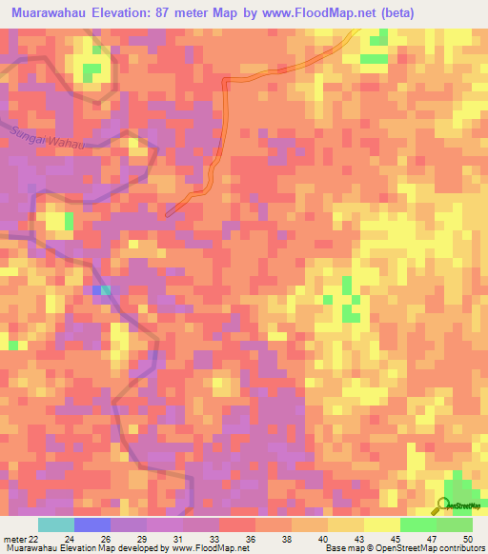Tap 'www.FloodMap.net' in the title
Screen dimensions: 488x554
(x=317, y=12)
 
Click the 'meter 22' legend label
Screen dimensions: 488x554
(x=18, y=539)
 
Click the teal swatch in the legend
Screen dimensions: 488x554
(x=55, y=524)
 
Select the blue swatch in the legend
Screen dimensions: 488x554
(x=91, y=524)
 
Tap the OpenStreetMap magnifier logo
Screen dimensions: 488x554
(x=444, y=505)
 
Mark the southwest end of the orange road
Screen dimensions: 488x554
(x=169, y=213)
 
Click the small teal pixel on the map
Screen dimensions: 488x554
(x=105, y=289)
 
